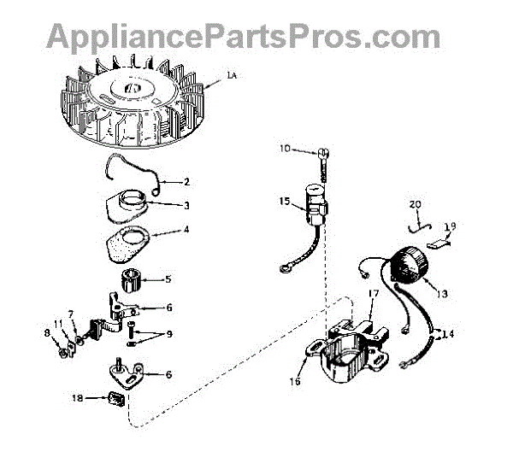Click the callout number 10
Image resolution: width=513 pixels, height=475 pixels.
285,150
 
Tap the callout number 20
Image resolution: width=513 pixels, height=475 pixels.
416,204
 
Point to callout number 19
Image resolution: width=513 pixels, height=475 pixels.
451,226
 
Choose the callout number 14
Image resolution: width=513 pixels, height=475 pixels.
448,333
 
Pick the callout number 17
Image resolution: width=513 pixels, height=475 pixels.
373,294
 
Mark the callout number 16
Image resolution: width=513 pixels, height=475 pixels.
295,381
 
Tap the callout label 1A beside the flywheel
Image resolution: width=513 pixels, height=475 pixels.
232,78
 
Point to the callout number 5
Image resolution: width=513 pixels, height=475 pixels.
168,279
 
